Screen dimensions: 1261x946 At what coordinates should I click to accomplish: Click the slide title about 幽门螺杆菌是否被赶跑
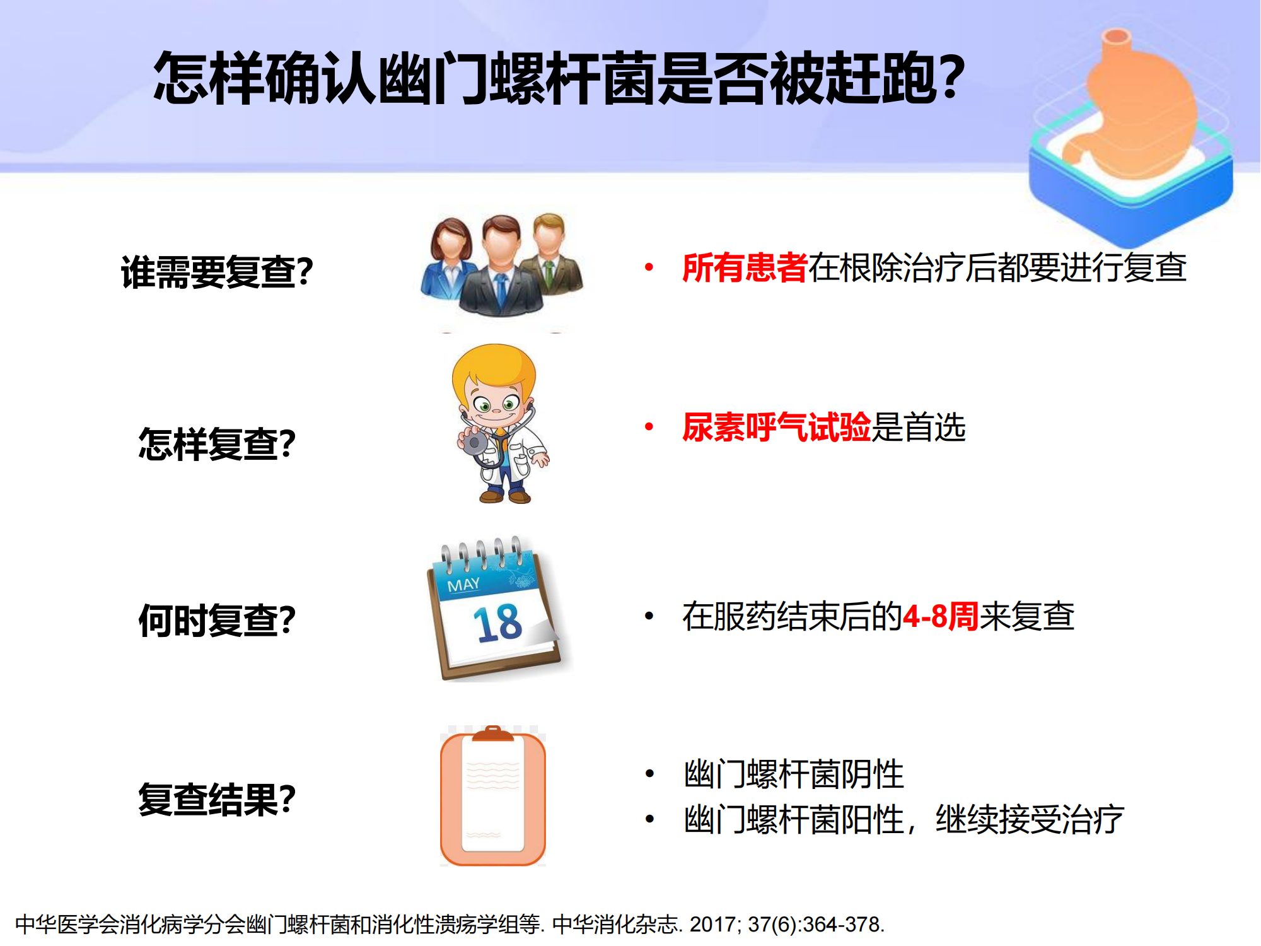[x=559, y=78]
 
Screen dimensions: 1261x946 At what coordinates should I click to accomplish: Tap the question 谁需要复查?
[x=217, y=272]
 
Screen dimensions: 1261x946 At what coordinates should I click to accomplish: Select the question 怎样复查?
[x=217, y=444]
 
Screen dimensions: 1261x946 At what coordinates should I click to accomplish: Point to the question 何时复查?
[x=217, y=620]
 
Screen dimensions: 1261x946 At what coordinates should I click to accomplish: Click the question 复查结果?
[x=217, y=799]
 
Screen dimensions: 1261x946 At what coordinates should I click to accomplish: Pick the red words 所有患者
[x=745, y=267]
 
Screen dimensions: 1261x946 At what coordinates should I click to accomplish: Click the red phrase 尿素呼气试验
[x=776, y=427]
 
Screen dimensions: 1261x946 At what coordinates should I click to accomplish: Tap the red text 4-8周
[x=941, y=616]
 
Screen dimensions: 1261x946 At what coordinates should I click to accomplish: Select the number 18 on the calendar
[x=497, y=623]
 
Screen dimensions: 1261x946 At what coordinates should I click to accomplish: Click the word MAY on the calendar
[x=463, y=585]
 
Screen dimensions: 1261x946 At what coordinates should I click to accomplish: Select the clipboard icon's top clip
[x=493, y=734]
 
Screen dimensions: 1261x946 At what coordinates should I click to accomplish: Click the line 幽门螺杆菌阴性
[x=794, y=774]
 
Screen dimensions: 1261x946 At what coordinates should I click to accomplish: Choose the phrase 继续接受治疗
[x=1030, y=819]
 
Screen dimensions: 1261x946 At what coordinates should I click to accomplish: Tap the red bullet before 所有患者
[x=649, y=267]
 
